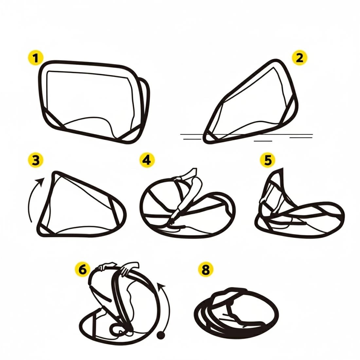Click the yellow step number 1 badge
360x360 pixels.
tap(36, 58)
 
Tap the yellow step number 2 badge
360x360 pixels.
tap(299, 58)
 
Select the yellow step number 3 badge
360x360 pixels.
tap(36, 160)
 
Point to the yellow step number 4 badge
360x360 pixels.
tap(147, 160)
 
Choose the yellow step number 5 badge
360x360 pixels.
tap(267, 160)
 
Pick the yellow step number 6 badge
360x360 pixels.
tap(83, 269)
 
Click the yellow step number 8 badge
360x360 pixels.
tap(206, 269)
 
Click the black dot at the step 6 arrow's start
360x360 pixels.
tap(161, 335)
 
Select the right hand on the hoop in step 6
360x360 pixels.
tap(129, 267)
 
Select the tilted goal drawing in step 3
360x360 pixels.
tap(81, 204)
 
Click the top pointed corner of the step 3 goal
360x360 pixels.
tap(55, 173)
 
